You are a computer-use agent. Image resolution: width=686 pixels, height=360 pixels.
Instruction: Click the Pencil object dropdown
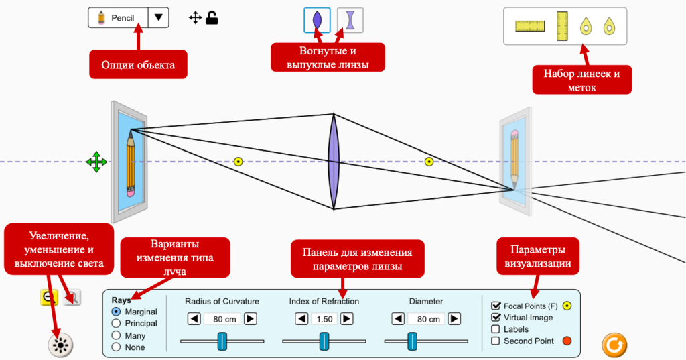click(129, 17)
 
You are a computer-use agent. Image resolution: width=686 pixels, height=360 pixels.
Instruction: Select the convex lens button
click(317, 20)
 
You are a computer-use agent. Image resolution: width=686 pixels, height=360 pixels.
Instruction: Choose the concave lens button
click(350, 20)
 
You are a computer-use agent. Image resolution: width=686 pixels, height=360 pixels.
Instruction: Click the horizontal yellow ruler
click(529, 26)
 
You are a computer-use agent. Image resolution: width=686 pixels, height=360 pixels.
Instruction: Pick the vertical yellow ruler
click(563, 25)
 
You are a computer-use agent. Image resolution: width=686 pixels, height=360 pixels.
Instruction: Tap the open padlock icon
click(212, 18)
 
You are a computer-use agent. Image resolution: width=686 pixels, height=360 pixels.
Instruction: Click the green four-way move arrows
click(96, 162)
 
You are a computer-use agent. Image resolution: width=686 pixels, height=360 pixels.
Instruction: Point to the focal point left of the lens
click(238, 161)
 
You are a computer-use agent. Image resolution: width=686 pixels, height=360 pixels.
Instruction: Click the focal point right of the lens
click(429, 161)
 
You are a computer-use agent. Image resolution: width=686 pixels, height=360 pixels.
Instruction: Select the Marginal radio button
click(117, 312)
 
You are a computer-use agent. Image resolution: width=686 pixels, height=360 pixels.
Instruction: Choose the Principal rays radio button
click(117, 323)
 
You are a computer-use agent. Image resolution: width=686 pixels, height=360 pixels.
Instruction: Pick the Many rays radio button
click(117, 335)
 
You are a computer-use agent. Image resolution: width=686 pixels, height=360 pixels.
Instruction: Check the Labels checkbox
click(496, 329)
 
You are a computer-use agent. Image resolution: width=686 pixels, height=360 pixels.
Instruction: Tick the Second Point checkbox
click(496, 341)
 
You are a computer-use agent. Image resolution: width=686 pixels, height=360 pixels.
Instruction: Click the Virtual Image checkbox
click(496, 317)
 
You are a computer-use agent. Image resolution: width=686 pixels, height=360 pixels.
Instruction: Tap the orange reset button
click(614, 345)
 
